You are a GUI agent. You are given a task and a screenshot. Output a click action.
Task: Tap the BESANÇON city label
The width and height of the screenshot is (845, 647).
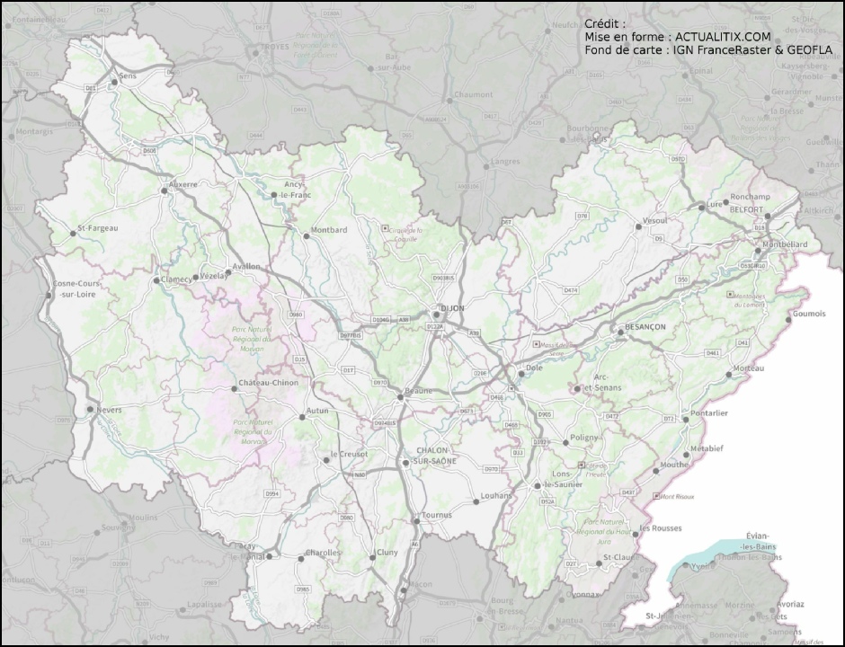[646, 327]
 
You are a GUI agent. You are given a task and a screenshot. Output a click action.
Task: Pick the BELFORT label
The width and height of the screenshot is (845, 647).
[747, 209]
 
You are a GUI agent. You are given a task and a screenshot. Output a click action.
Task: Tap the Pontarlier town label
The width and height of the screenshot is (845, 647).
[710, 413]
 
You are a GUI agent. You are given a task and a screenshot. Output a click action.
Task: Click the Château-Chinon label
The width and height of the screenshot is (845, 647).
[269, 383]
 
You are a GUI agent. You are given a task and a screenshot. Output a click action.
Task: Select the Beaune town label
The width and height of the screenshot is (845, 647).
[418, 391]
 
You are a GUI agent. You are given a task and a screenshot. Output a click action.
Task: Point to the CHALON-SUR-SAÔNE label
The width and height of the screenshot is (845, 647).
[437, 456]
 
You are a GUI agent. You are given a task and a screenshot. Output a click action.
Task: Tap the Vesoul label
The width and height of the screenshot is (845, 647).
[654, 220]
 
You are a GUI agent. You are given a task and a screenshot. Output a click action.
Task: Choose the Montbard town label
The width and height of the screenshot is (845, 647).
[328, 230]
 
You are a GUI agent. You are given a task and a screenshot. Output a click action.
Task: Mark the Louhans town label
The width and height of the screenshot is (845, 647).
[496, 495]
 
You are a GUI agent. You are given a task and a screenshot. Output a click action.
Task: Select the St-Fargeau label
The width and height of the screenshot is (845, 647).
[98, 228]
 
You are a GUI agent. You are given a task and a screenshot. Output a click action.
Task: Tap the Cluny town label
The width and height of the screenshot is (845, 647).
[387, 552]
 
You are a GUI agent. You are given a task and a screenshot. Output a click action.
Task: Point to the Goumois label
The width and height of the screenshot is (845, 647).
[809, 314]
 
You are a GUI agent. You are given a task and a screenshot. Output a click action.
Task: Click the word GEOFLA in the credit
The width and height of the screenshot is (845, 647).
[812, 50]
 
